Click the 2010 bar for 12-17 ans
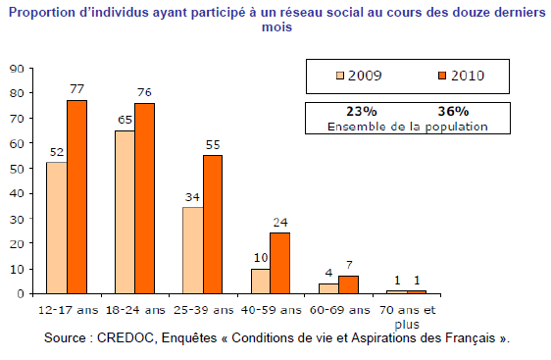(x=76, y=197)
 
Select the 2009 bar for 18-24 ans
(x=125, y=212)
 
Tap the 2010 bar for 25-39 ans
(x=213, y=225)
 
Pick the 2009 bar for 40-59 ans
(x=261, y=282)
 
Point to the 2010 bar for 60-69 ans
(x=349, y=284)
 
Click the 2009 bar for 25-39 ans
(x=193, y=250)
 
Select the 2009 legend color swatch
(x=340, y=76)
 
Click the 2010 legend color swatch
(x=442, y=76)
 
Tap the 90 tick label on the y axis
(x=17, y=69)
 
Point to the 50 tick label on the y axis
(x=17, y=169)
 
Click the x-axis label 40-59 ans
(x=272, y=310)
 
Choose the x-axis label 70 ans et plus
(x=407, y=317)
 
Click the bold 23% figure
(x=362, y=112)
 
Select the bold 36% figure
(x=453, y=112)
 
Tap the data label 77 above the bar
(x=76, y=89)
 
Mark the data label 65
(x=125, y=120)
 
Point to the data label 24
(x=280, y=223)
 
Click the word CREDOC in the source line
(x=125, y=337)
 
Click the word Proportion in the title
(x=42, y=13)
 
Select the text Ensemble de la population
(x=408, y=127)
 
